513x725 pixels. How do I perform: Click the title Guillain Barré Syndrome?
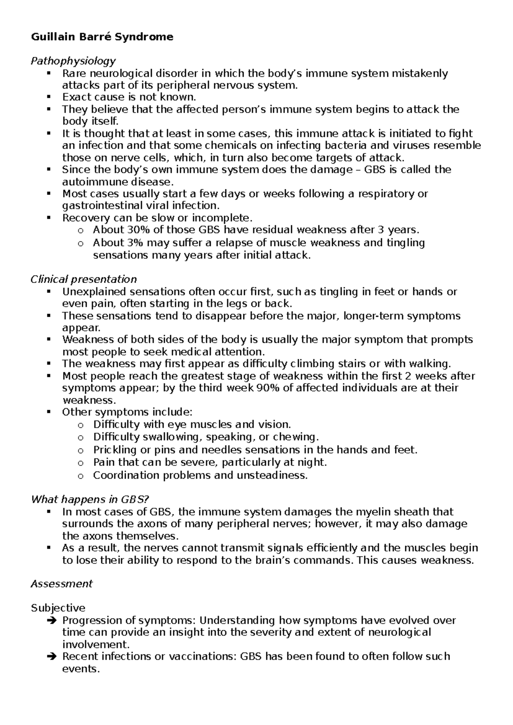102,37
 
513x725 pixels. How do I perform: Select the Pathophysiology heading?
73,61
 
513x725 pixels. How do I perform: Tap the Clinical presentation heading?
83,280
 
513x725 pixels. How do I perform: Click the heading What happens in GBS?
90,499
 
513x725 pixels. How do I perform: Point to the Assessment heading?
62,584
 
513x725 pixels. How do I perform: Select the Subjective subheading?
58,608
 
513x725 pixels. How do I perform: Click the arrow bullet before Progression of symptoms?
50,620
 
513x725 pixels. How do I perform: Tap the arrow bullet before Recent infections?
50,657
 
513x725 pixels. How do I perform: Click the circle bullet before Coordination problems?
80,476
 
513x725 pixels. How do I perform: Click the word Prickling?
112,450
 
